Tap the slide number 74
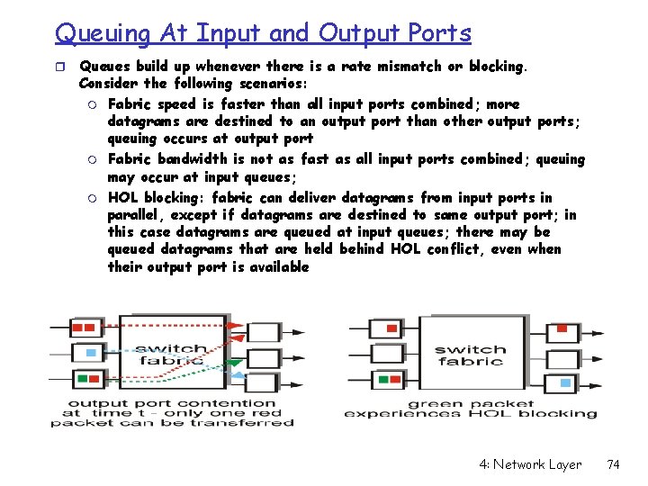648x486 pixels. click(614, 464)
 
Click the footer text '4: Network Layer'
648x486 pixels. click(530, 464)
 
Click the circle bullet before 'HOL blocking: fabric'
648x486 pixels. click(92, 198)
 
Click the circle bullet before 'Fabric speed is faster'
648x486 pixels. click(92, 104)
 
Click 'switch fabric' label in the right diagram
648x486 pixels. click(470, 355)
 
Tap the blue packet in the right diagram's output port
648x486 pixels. click(564, 383)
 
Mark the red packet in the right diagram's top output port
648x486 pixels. click(562, 328)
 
